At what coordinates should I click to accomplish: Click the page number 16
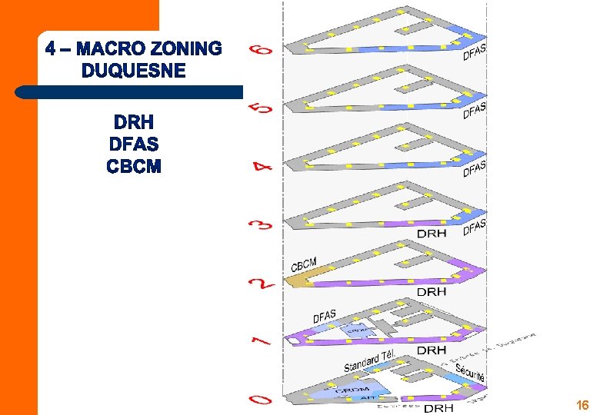582,405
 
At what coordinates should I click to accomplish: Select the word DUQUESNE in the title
133,71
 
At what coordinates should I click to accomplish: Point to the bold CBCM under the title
134,166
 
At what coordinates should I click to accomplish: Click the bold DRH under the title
134,122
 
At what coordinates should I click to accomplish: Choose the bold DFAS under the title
134,144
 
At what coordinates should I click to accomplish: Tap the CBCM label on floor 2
304,264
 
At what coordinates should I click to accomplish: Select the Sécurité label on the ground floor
469,373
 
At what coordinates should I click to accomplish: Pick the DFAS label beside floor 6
474,51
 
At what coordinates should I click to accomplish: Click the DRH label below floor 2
431,292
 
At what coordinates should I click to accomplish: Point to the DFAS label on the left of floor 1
324,315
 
